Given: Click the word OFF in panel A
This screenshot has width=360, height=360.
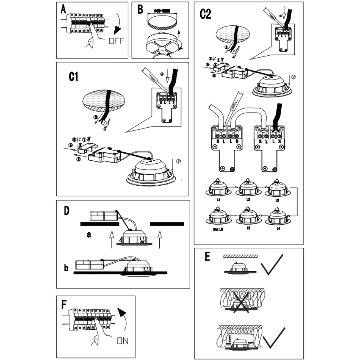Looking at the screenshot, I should (x=116, y=41).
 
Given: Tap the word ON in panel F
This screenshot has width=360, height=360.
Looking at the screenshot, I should (x=123, y=341).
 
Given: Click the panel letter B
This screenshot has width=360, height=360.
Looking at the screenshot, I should (x=140, y=10).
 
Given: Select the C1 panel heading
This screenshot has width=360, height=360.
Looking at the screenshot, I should (x=73, y=76).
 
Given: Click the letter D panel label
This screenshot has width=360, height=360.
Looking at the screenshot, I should (x=66, y=211).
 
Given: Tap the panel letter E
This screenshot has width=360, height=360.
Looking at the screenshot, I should (x=207, y=257).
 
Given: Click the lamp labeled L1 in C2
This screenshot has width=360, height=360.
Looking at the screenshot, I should (x=218, y=187).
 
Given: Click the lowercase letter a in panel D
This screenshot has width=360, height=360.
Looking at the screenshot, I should (x=88, y=235).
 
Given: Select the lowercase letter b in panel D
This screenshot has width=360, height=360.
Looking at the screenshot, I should (x=66, y=268).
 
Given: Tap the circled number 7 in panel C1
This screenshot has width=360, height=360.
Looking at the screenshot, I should (x=179, y=161).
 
